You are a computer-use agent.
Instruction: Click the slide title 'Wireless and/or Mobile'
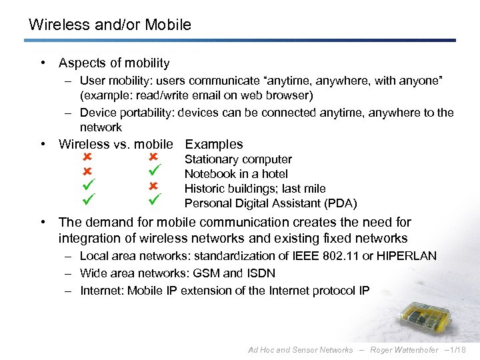pos(109,25)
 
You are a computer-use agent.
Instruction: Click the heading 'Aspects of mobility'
pos(114,63)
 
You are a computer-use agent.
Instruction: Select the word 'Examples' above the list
pos(213,144)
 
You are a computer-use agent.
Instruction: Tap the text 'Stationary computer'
pos(238,159)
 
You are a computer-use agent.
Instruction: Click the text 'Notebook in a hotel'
pos(236,174)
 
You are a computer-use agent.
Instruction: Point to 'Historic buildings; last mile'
pos(255,189)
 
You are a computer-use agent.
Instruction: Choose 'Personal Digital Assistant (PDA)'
pos(270,203)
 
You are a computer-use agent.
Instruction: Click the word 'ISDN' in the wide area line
pos(261,273)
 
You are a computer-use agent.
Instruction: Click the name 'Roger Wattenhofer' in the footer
pos(405,350)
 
